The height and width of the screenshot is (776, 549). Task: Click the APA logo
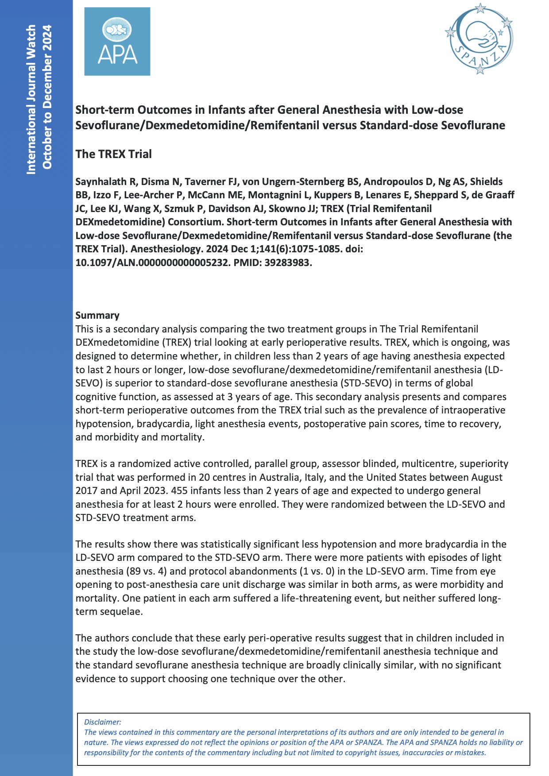coord(117,41)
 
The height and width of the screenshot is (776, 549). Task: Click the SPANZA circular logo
coord(479,39)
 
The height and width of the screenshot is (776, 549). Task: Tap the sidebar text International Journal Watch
coord(31,99)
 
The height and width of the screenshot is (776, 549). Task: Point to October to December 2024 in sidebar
coord(47,97)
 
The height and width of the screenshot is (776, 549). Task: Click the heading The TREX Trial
coord(113,154)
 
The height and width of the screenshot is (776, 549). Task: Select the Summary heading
coord(97,315)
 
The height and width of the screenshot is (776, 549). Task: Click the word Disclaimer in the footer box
coord(102,722)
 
